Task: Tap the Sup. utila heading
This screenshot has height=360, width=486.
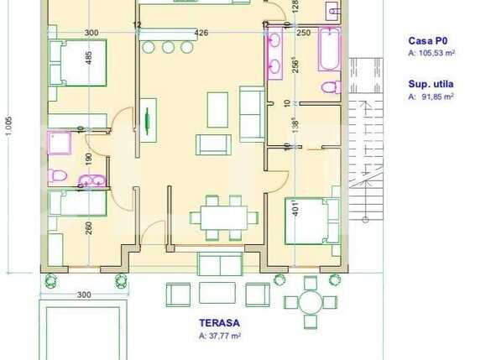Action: click(431, 85)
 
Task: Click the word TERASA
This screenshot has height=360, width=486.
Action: click(218, 322)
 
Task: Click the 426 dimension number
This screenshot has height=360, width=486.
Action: click(201, 33)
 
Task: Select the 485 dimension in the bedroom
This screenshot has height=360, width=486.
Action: click(90, 61)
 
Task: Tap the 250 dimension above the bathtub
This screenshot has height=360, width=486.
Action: click(303, 33)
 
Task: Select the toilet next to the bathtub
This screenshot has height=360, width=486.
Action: click(330, 86)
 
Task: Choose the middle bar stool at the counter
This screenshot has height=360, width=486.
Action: click(168, 46)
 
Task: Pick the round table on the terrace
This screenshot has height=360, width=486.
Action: click(310, 301)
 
